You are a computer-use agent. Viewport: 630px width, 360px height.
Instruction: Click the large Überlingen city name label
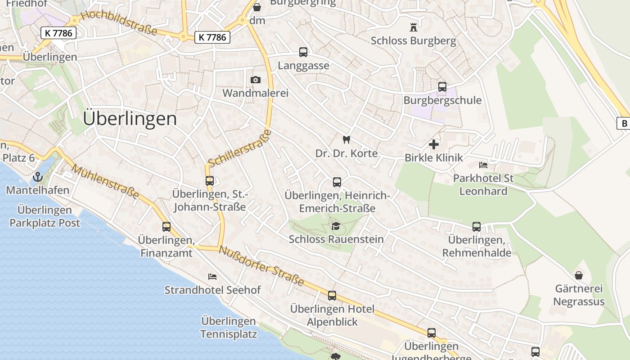click(x=130, y=118)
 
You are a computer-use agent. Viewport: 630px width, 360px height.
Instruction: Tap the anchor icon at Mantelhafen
click(x=38, y=176)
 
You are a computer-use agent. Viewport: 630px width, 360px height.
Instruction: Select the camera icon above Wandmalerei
click(x=256, y=80)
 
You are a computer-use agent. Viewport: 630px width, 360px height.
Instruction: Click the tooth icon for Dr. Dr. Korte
click(x=346, y=140)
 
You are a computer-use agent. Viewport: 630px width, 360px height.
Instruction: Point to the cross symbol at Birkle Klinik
click(x=434, y=144)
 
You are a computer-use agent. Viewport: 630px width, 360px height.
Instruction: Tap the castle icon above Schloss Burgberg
click(x=413, y=27)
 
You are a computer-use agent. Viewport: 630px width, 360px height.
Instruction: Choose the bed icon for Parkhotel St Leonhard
click(x=483, y=165)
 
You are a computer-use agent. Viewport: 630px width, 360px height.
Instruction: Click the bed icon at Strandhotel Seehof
click(x=212, y=276)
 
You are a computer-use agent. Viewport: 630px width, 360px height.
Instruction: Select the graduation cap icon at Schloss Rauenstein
click(x=336, y=225)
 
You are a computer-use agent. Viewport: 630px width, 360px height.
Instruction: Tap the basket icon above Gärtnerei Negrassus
click(x=579, y=275)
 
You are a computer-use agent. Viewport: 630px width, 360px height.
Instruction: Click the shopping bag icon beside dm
click(x=257, y=7)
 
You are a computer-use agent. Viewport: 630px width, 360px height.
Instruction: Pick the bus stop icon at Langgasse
click(x=303, y=52)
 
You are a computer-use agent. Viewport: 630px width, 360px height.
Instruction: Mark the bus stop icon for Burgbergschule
click(x=442, y=87)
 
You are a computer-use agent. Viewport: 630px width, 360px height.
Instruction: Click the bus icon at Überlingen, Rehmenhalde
click(x=477, y=227)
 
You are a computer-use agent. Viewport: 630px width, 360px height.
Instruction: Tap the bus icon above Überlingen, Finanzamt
click(x=166, y=227)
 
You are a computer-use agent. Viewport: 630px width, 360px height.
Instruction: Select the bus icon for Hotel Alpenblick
click(x=332, y=296)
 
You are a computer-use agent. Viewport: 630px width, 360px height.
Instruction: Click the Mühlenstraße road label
click(x=105, y=182)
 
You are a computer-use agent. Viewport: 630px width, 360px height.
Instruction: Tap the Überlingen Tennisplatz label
click(x=229, y=328)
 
